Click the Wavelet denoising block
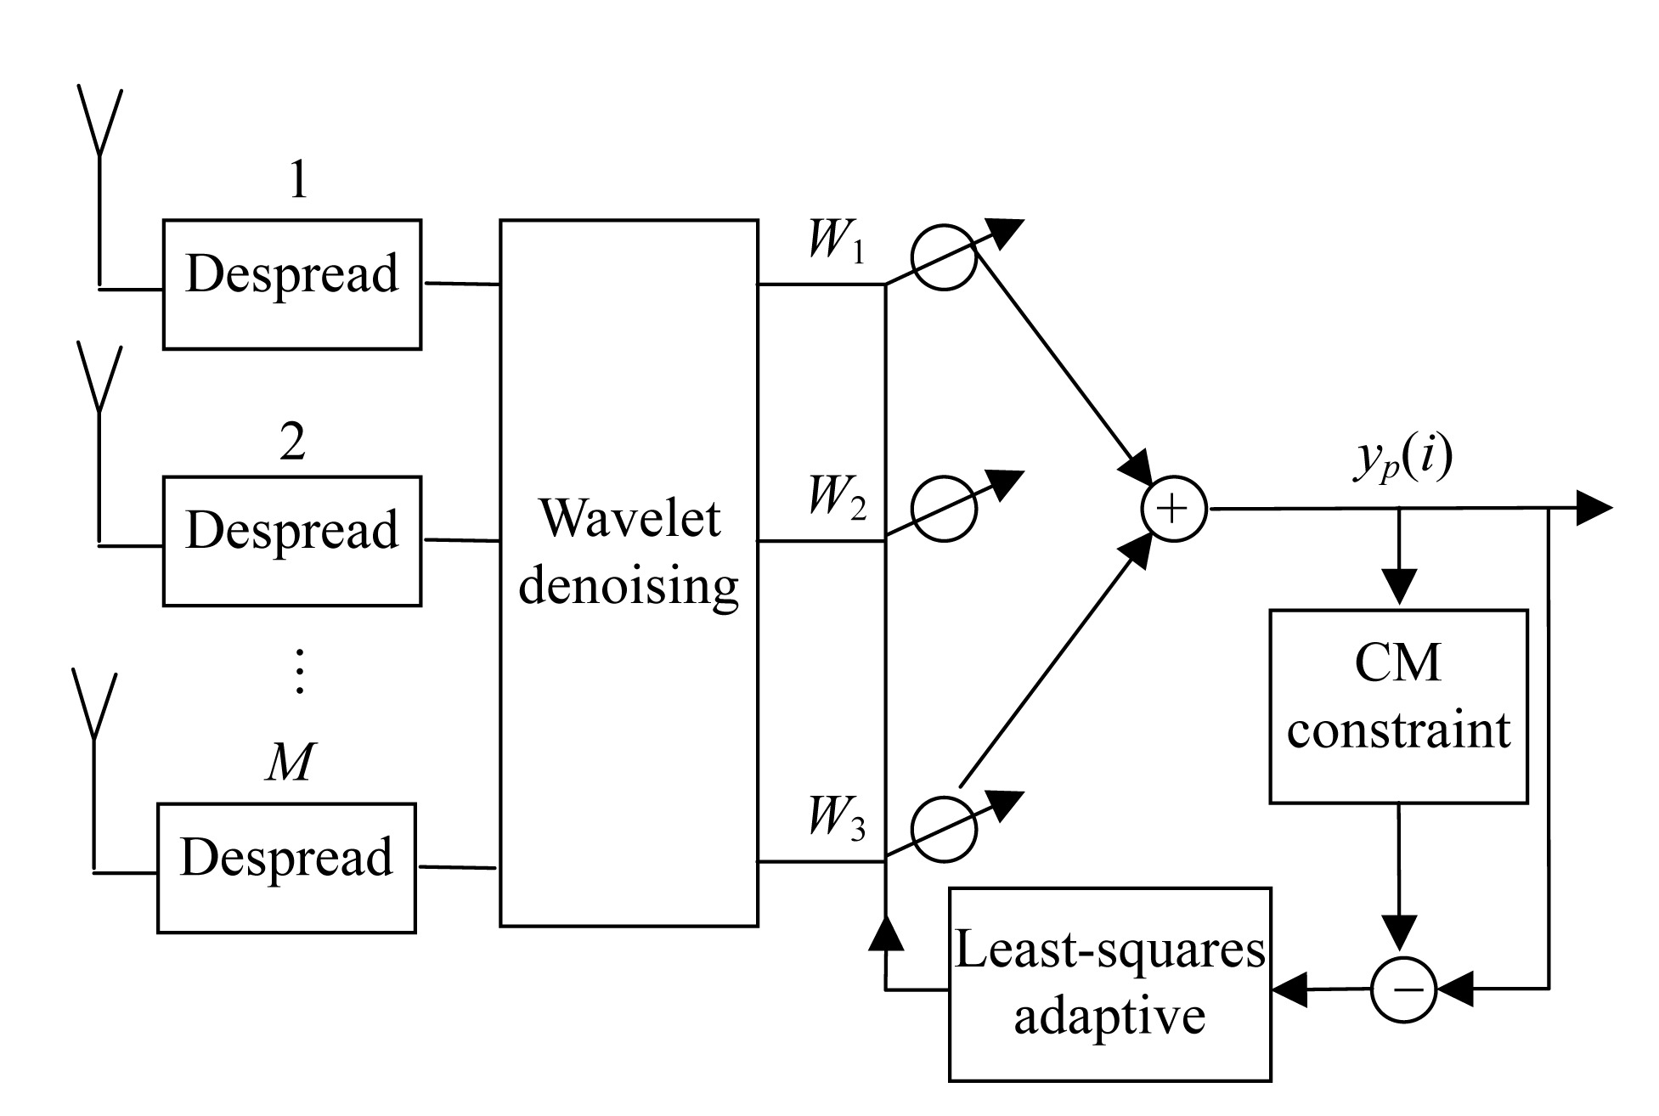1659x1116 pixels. click(x=629, y=572)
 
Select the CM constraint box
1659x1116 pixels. click(x=1398, y=706)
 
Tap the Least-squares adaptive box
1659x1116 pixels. click(x=1109, y=984)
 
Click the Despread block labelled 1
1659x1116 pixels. click(x=292, y=284)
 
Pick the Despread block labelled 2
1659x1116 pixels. click(x=292, y=540)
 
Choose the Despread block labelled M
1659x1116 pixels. click(x=286, y=867)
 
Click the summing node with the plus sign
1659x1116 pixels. click(x=1174, y=509)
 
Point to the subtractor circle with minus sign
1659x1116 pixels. click(x=1403, y=989)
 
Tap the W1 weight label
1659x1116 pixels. click(x=837, y=243)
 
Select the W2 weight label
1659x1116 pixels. click(x=837, y=497)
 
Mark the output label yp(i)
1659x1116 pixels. click(x=1402, y=463)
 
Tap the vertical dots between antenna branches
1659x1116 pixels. click(x=298, y=672)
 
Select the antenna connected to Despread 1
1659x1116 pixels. click(x=100, y=123)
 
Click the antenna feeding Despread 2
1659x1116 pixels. click(x=100, y=380)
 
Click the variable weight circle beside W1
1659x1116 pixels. click(x=944, y=257)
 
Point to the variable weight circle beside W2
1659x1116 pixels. click(x=944, y=507)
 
